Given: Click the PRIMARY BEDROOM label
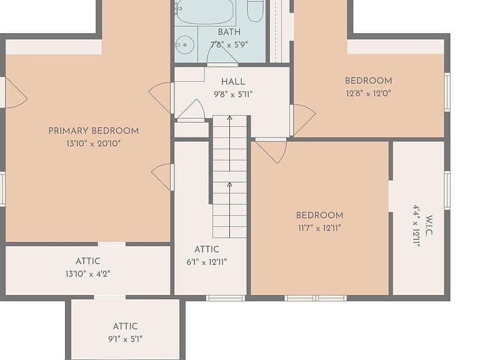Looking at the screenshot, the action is (x=93, y=131).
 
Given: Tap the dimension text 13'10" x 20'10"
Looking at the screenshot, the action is (x=93, y=143).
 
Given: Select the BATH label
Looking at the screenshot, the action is (x=229, y=32).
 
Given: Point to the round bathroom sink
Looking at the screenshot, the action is (x=185, y=45).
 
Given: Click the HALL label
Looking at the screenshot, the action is (x=233, y=82).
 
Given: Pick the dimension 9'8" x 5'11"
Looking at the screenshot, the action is (x=233, y=94).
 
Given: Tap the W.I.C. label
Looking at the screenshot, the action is (x=429, y=225).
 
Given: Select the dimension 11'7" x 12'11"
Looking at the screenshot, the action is (x=319, y=228).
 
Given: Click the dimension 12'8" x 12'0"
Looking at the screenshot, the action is (x=368, y=93).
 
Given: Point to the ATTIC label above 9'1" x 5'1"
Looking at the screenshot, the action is (x=125, y=326).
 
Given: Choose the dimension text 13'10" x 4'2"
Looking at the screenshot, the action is (x=88, y=274).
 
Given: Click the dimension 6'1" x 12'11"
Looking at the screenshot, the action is (x=207, y=262).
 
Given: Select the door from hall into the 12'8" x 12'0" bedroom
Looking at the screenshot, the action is (x=302, y=120).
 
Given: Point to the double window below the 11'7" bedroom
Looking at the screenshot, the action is (x=316, y=298).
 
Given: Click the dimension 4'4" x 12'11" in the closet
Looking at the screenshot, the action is (x=416, y=225).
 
